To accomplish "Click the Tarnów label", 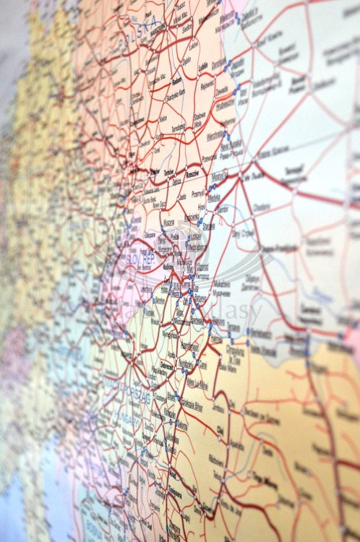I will pos(170,173).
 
